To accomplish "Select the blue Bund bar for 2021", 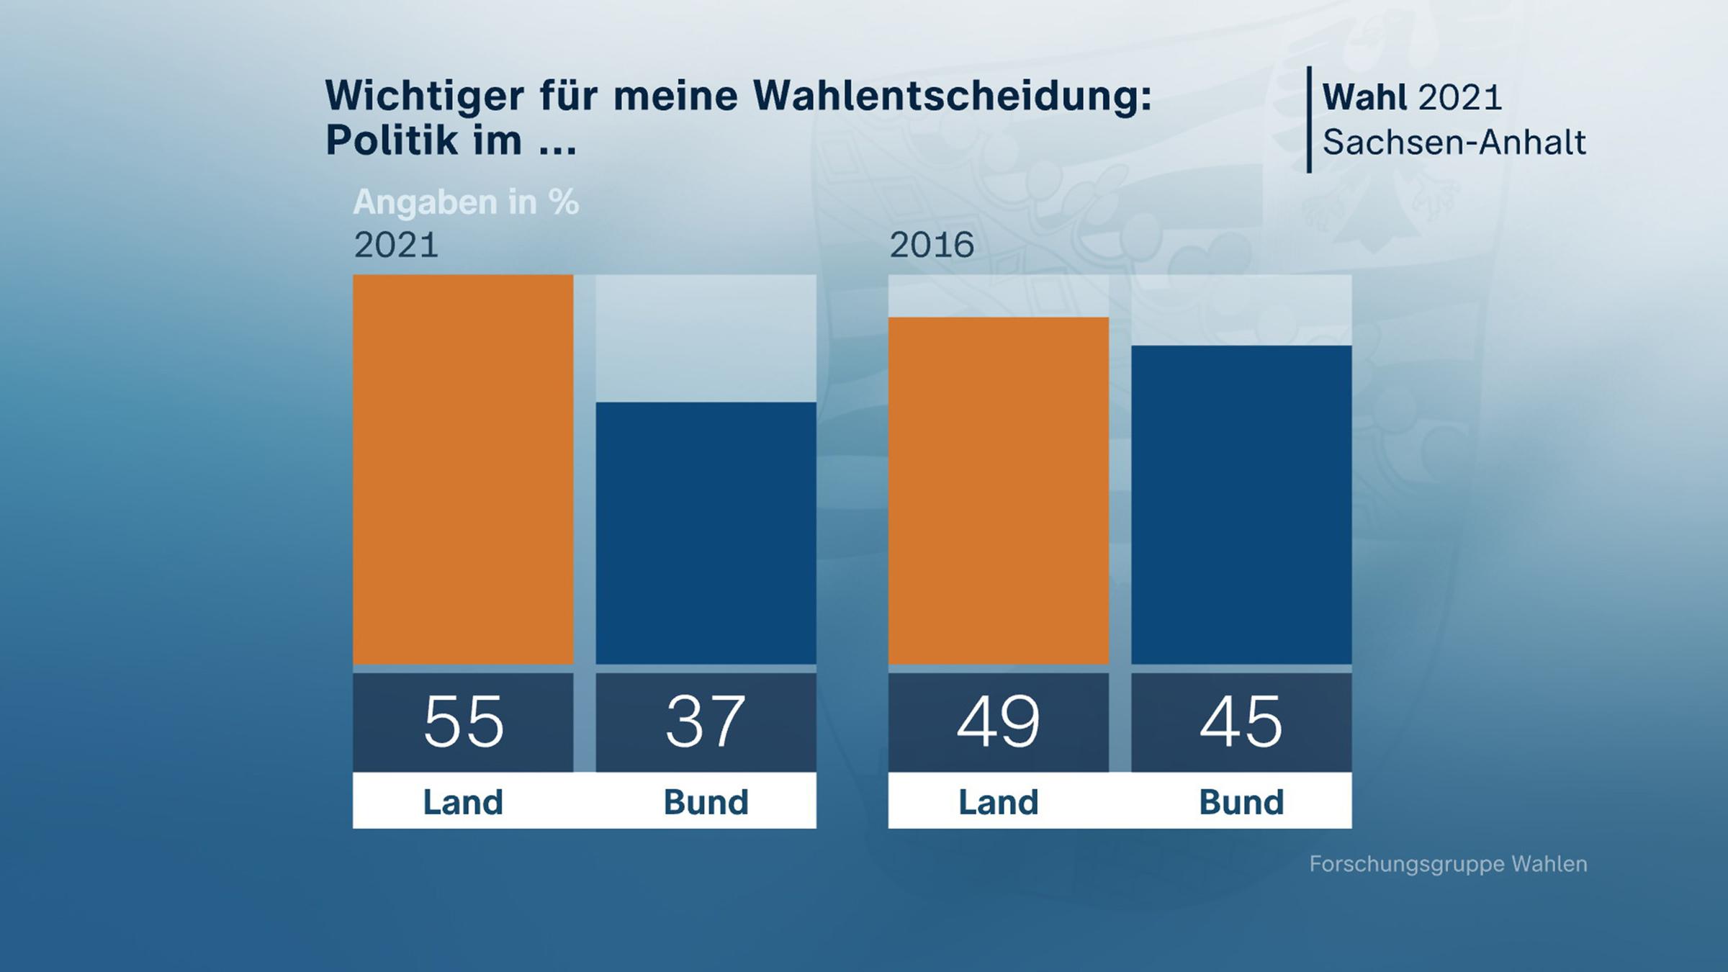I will [706, 533].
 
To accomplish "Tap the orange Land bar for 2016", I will [998, 490].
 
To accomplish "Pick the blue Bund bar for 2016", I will [1241, 505].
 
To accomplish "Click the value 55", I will [463, 721].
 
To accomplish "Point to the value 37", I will [706, 721].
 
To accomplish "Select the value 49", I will [998, 721].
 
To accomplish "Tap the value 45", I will [1241, 721].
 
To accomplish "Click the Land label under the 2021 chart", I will [463, 802].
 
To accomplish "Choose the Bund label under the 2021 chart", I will [706, 802].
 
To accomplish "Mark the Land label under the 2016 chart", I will [998, 802].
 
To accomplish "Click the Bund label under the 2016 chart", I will [1241, 802].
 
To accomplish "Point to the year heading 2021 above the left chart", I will [396, 246].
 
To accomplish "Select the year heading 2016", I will [932, 246].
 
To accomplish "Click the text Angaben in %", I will [466, 202].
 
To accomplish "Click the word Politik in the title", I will [392, 140].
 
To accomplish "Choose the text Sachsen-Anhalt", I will [1454, 143].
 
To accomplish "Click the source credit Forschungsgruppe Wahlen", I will [1448, 864].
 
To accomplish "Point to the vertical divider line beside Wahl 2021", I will [1309, 120].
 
